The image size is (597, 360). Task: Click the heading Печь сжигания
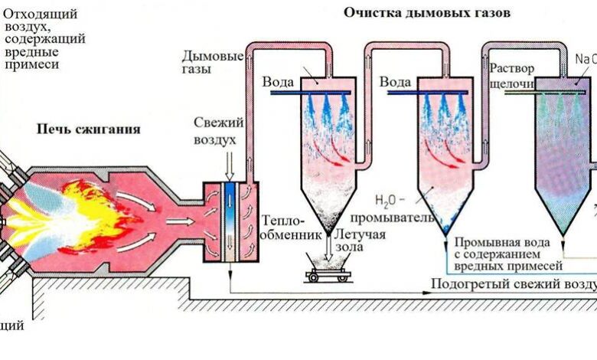pyautogui.click(x=89, y=129)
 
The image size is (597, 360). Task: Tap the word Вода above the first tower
pyautogui.click(x=279, y=81)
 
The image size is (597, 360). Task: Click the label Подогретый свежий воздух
pyautogui.click(x=513, y=284)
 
